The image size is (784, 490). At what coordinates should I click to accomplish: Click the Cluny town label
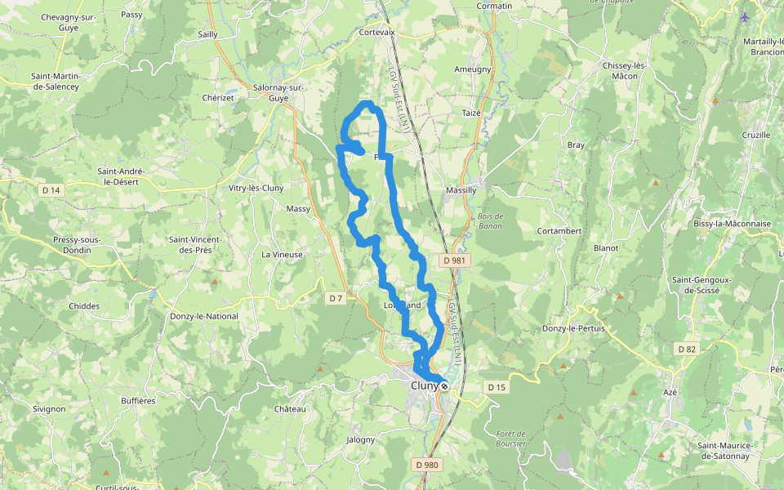424,386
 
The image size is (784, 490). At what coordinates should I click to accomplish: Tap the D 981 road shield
455,260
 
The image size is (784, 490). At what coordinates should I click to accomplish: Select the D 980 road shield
426,465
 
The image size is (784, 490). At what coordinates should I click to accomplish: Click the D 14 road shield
51,190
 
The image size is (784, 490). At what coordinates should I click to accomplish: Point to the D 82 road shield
687,349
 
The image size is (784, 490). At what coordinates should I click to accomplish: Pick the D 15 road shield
496,386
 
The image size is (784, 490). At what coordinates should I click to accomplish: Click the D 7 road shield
336,298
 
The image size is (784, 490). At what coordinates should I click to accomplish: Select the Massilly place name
461,190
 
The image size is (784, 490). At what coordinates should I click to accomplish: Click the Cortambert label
559,231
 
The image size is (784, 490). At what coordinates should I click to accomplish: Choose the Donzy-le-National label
204,316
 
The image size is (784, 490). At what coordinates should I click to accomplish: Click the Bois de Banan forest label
490,220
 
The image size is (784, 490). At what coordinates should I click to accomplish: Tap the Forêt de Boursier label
510,439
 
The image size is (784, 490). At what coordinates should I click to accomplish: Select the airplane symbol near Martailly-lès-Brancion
745,16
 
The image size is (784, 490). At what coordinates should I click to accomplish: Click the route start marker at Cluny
444,385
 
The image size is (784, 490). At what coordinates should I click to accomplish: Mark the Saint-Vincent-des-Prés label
195,244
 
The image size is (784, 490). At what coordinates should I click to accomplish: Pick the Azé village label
671,392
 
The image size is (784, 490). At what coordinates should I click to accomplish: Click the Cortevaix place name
376,33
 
